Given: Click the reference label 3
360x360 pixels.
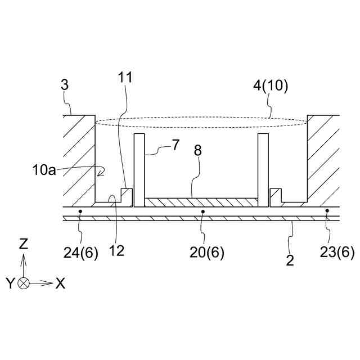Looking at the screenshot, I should click(x=65, y=85).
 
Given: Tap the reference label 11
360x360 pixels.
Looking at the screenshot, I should click(x=125, y=77).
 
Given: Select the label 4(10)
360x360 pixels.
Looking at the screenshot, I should click(x=270, y=85).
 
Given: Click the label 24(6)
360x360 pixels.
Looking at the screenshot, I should click(x=81, y=253).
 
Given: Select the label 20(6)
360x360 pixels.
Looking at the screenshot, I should click(x=206, y=253).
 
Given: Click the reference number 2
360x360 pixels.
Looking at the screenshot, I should click(x=290, y=260).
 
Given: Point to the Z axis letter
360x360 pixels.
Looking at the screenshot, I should click(x=23, y=244).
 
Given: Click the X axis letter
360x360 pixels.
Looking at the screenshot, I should click(x=60, y=283).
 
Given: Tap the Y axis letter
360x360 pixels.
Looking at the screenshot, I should click(x=10, y=283).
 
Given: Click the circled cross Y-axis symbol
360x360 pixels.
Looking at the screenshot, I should click(x=23, y=283).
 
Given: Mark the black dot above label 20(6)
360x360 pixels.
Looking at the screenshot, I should click(x=202, y=212).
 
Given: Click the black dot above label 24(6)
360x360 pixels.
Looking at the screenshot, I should click(x=81, y=212).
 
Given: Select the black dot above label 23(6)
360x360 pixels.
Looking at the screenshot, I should click(x=327, y=212).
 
